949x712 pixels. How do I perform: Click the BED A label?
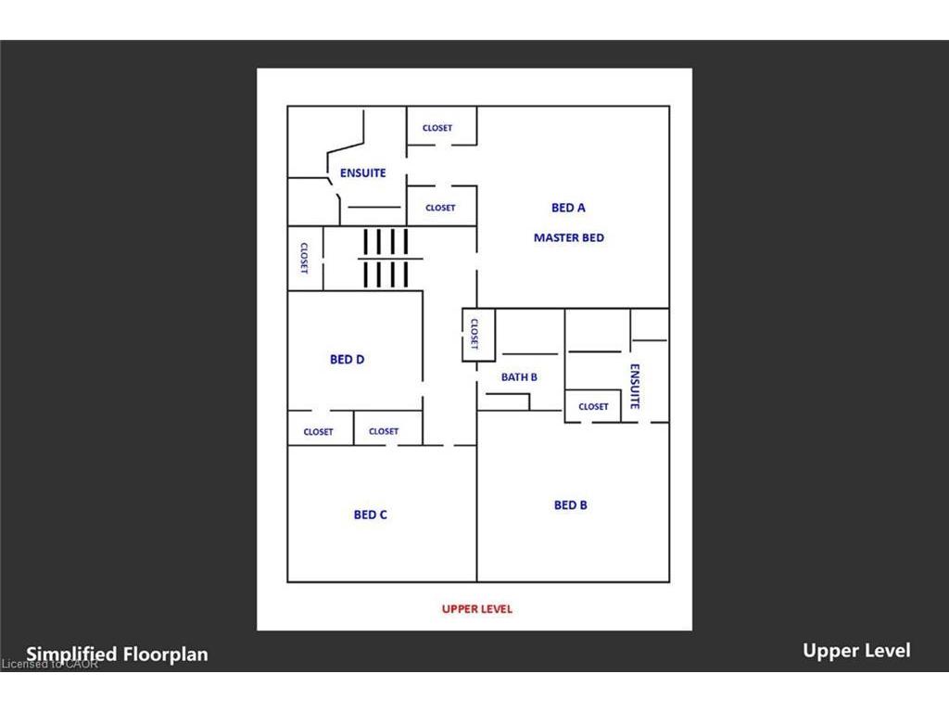(568, 208)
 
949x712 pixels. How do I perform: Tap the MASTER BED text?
(569, 238)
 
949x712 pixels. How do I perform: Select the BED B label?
(571, 505)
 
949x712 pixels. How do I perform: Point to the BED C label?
(371, 515)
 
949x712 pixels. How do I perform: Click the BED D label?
(348, 360)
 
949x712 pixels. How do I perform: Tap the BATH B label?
(519, 377)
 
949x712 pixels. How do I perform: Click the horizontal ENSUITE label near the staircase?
(363, 173)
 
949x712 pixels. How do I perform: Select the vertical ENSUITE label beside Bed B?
(635, 387)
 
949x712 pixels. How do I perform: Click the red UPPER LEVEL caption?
(477, 609)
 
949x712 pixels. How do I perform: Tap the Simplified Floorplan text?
(117, 654)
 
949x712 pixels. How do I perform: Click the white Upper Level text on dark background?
(856, 651)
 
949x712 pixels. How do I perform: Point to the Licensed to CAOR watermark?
(50, 664)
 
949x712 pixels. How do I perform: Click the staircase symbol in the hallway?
(386, 259)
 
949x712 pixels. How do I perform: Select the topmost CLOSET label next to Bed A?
(437, 128)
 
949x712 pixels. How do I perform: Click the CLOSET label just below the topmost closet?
(440, 208)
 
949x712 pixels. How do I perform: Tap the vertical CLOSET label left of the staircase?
(304, 259)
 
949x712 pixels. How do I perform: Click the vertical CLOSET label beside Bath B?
(474, 334)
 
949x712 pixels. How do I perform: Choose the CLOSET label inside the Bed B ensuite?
(593, 407)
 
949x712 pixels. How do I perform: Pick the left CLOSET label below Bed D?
(319, 432)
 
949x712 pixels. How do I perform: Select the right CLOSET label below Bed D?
(384, 431)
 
